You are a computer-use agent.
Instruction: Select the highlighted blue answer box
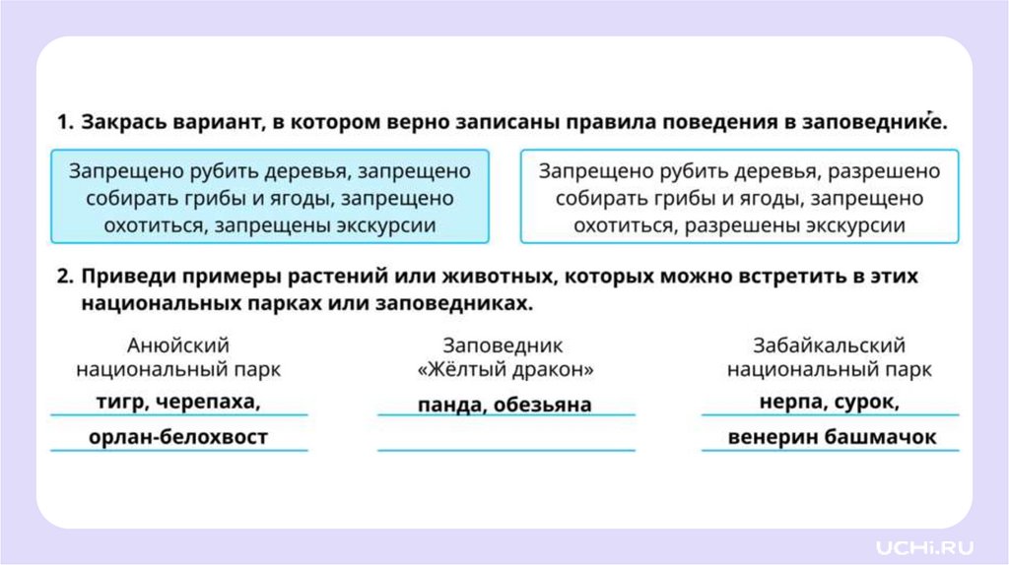point(269,197)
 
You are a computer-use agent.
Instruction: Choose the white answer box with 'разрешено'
point(739,197)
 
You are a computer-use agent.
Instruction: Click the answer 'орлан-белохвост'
point(177,437)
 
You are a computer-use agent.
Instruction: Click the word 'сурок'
point(868,402)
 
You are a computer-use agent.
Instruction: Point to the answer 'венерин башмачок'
point(831,437)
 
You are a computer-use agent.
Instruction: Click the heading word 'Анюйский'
point(178,345)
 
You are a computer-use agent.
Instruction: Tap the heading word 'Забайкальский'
point(829,345)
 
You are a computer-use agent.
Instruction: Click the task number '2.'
point(64,277)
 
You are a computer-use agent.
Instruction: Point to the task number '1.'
point(64,122)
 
